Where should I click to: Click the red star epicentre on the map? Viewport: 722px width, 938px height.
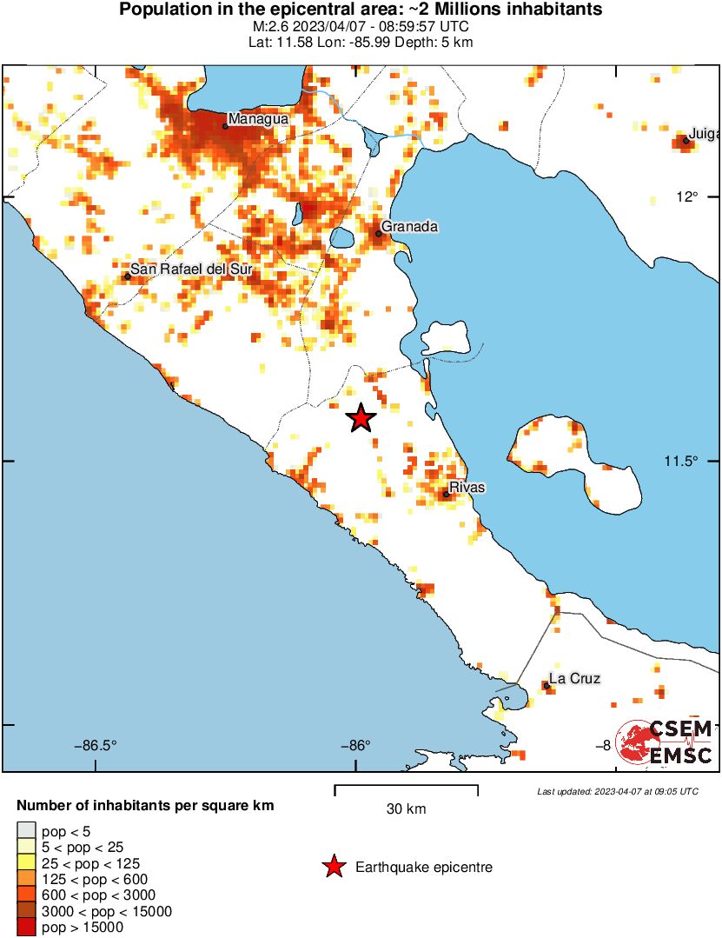point(361,418)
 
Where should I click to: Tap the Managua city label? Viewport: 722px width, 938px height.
point(258,119)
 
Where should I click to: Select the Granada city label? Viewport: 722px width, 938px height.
point(409,227)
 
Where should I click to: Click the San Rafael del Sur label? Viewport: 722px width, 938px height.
point(191,269)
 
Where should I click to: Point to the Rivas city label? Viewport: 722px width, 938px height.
point(467,488)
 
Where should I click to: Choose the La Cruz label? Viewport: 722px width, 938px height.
point(574,679)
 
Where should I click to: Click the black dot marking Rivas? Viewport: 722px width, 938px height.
point(446,495)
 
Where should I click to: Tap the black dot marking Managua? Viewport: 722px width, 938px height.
point(225,126)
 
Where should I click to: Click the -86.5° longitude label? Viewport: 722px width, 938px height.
point(96,745)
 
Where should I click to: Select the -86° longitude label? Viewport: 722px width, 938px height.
point(355,745)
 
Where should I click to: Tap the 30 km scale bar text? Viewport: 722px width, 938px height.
point(406,809)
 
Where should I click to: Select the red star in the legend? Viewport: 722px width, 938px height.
point(333,867)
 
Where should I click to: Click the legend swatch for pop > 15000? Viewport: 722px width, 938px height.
point(26,928)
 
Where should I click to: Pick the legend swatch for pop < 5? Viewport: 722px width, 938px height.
point(26,832)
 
